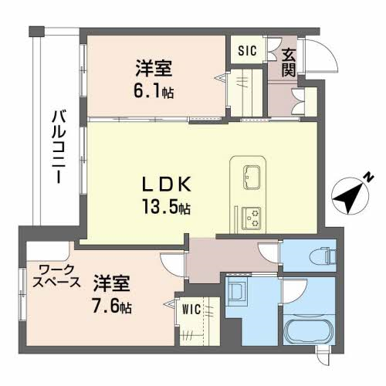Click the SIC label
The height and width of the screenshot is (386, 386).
tap(247, 52)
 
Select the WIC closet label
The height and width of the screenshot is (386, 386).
tap(191, 310)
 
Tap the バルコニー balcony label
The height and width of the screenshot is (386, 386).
tap(56, 147)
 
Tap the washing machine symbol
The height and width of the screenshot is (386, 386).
tap(239, 293)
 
